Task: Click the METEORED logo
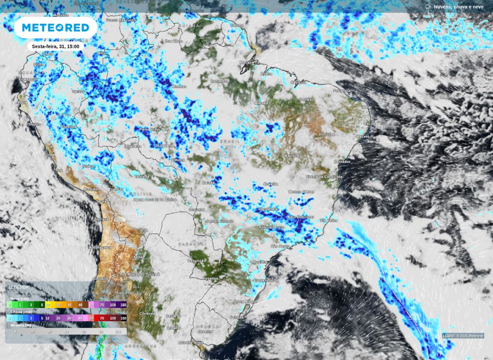pyautogui.click(x=55, y=27)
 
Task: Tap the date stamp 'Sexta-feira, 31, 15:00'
pyautogui.click(x=55, y=46)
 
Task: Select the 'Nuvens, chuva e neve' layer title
pyautogui.click(x=458, y=6)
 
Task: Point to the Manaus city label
pyautogui.click(x=179, y=87)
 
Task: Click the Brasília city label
pyautogui.click(x=272, y=184)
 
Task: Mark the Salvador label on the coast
pyautogui.click(x=343, y=162)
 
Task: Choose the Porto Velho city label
pyautogui.click(x=150, y=129)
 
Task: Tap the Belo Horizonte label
pyautogui.click(x=300, y=218)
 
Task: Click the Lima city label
pyautogui.click(x=49, y=155)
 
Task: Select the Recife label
pyautogui.click(x=370, y=124)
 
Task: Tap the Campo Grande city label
pyautogui.click(x=219, y=221)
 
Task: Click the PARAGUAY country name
pyautogui.click(x=189, y=244)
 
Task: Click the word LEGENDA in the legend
pyautogui.click(x=19, y=287)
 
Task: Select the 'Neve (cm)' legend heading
pyautogui.click(x=19, y=298)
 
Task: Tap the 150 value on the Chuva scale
pyautogui.click(x=123, y=318)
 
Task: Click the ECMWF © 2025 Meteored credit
pyautogui.click(x=463, y=336)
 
